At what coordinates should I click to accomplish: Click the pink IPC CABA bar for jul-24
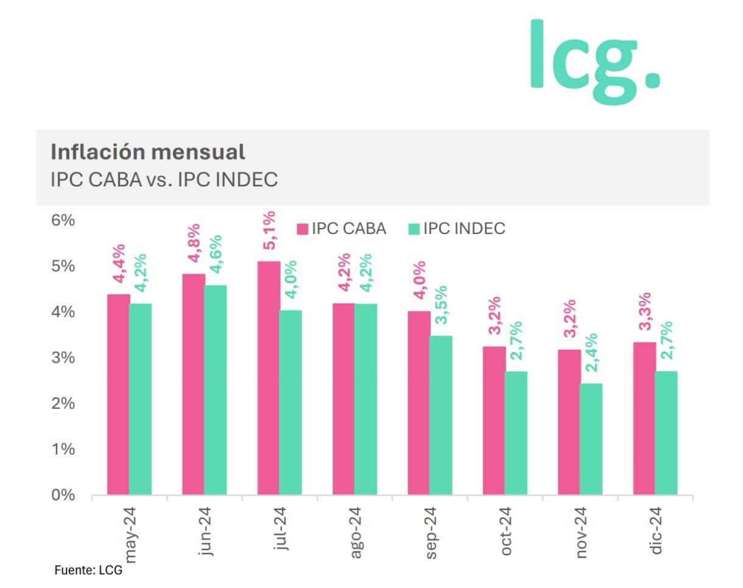point(269,378)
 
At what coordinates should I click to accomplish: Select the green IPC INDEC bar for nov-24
point(591,439)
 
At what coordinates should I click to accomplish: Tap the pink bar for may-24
point(118,394)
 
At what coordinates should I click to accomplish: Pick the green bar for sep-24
point(440,415)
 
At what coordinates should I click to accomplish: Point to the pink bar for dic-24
point(644,418)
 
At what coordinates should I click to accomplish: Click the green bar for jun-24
point(215,390)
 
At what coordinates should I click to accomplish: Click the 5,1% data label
point(269,230)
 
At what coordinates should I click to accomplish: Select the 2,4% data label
point(591,353)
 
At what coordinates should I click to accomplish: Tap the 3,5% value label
point(441,305)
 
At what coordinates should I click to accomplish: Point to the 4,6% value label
point(216,255)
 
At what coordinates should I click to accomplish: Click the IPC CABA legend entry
point(342,228)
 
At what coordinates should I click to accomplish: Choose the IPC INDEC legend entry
point(457,228)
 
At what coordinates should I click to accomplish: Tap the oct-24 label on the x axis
point(506,531)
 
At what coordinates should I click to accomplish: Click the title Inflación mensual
point(148,151)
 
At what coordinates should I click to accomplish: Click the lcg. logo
point(594,61)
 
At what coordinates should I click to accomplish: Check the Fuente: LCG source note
point(88,570)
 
